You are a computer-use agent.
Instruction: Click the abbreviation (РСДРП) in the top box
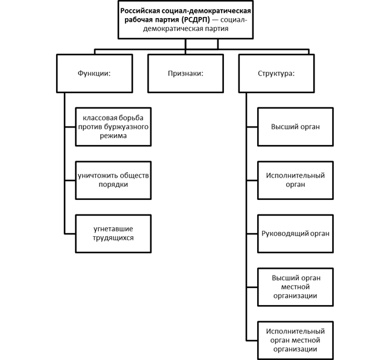(x=196, y=20)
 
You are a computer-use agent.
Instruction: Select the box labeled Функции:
(x=95, y=74)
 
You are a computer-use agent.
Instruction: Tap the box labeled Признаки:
(x=185, y=74)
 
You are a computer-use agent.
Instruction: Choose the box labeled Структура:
(x=277, y=74)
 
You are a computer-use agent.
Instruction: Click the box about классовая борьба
(x=113, y=127)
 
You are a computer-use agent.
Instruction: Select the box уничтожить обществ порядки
(x=113, y=180)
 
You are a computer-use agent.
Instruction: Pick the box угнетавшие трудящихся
(x=113, y=234)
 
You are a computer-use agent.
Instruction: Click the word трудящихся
(x=113, y=238)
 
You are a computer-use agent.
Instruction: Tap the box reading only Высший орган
(x=295, y=127)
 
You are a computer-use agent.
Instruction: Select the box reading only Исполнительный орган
(x=295, y=180)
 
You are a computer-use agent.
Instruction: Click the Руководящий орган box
(x=295, y=234)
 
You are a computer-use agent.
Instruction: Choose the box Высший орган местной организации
(x=295, y=287)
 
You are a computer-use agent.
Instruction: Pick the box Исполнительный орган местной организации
(x=295, y=340)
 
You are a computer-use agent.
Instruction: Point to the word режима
(x=113, y=136)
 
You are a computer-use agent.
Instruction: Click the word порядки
(x=113, y=185)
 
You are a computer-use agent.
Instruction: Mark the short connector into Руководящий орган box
(x=252, y=234)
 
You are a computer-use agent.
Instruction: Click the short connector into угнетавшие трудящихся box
(x=70, y=234)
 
